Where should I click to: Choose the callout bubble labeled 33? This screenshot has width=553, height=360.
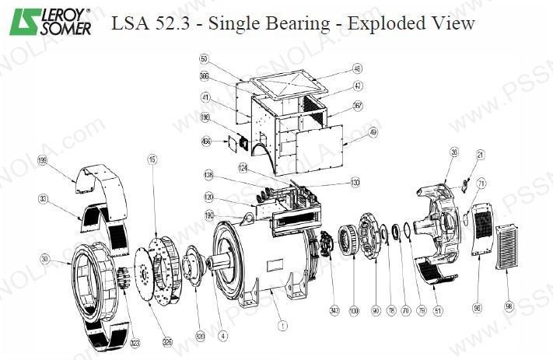tap(44, 199)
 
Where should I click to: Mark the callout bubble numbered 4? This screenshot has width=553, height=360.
tap(223, 336)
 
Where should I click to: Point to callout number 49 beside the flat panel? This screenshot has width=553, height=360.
tap(374, 132)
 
